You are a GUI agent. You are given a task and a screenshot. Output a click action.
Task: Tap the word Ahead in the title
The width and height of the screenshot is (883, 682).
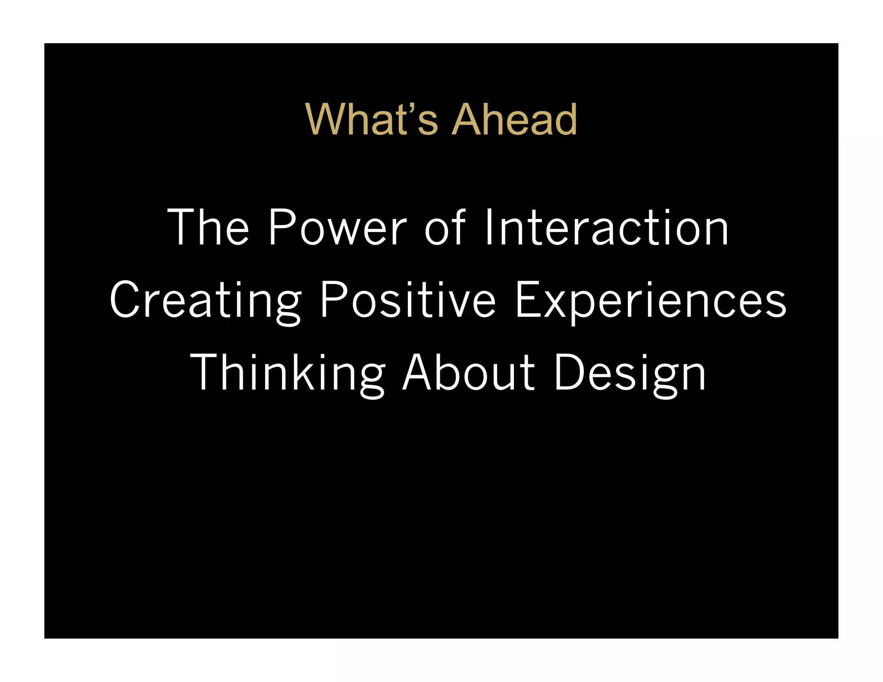coord(514,119)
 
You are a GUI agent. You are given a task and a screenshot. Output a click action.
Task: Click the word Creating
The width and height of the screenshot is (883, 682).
coord(205,300)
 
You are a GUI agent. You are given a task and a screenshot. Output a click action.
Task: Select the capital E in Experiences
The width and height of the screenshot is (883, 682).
coord(528,300)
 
